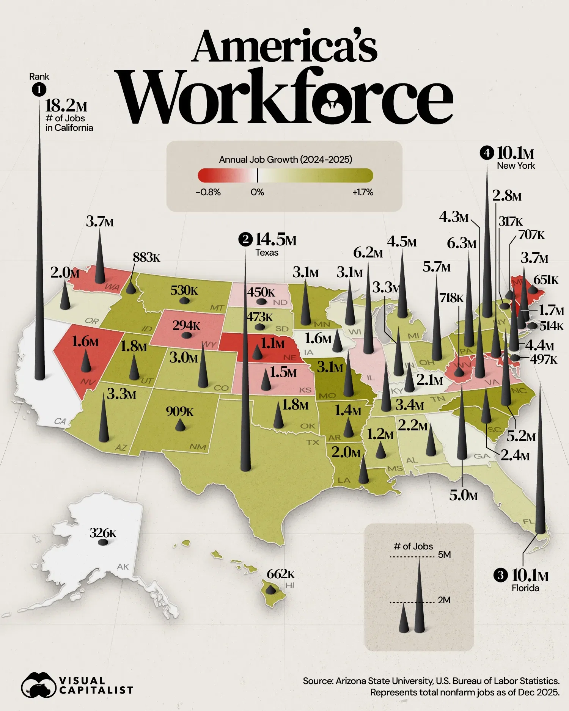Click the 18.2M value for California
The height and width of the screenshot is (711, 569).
tap(66, 106)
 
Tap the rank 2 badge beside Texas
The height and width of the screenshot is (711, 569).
tap(245, 240)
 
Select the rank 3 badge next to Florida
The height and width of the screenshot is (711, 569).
tap(500, 575)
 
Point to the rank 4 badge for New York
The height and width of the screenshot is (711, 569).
tap(487, 153)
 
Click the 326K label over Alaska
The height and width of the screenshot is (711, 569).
tap(103, 533)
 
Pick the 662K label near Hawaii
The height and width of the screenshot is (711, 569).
tap(280, 574)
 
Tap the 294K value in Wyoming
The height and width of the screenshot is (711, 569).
tap(186, 325)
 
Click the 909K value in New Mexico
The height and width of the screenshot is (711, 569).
tap(180, 411)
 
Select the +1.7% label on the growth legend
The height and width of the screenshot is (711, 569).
tap(363, 192)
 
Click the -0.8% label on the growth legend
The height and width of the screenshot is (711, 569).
tap(208, 192)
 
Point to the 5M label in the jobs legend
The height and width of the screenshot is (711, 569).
tap(444, 555)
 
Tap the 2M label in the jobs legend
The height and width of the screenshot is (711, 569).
tap(444, 600)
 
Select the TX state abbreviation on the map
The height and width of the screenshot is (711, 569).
tap(313, 442)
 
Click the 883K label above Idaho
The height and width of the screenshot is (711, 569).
tap(146, 257)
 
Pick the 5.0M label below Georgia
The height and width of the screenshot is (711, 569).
tap(463, 495)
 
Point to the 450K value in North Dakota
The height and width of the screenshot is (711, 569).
tap(261, 292)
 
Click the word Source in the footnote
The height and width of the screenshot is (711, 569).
tap(318, 681)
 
